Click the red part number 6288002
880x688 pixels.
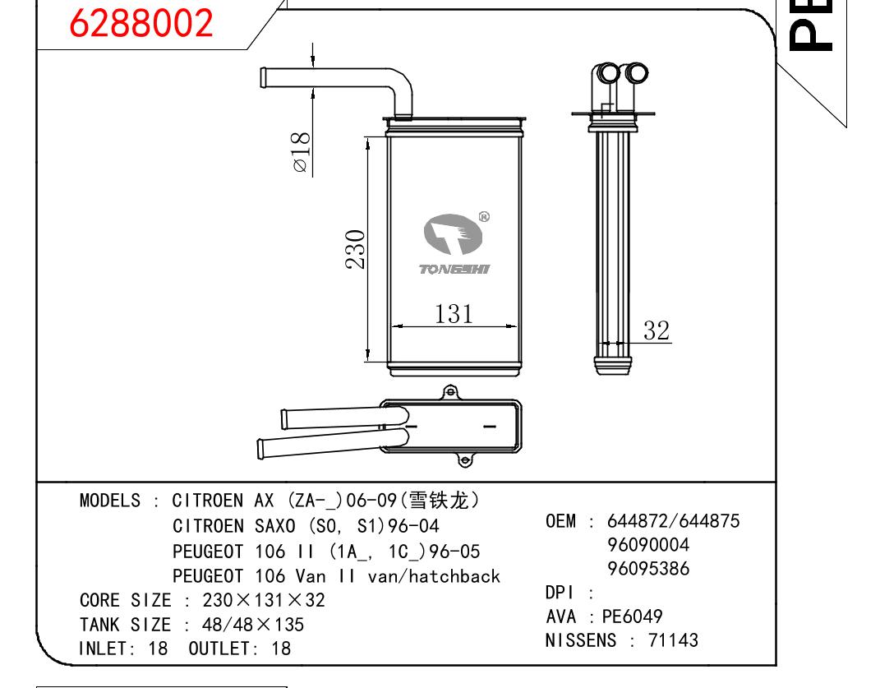141,22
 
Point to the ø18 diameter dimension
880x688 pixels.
302,151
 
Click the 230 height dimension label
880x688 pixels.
355,249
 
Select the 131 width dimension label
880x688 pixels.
454,313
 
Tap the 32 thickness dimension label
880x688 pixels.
656,330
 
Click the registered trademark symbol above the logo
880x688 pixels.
484,217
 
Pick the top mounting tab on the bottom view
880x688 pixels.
450,392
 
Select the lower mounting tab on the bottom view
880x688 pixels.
465,460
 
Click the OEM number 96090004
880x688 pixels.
648,545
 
